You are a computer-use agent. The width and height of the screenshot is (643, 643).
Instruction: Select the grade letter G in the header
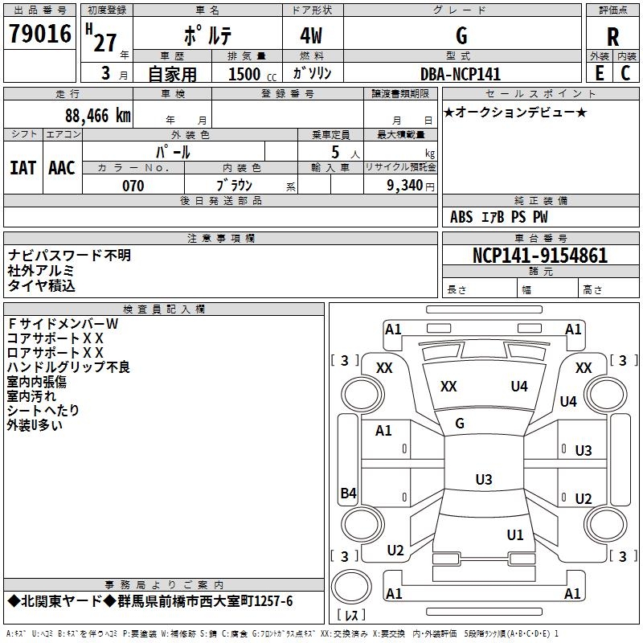click(461, 35)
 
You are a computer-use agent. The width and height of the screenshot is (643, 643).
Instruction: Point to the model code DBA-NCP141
click(461, 74)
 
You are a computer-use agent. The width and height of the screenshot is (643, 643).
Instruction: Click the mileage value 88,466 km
click(96, 115)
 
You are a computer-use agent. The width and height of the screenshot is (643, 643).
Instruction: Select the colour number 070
click(133, 186)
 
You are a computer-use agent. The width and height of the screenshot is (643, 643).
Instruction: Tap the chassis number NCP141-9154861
click(540, 256)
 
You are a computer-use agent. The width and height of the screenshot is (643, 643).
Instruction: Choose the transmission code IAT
click(23, 167)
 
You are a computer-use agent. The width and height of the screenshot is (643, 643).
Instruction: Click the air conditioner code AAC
click(62, 167)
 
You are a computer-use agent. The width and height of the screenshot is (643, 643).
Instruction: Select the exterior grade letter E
click(599, 72)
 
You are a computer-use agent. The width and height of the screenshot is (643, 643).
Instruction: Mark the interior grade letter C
click(625, 72)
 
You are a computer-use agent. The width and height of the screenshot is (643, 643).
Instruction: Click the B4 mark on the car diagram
click(348, 494)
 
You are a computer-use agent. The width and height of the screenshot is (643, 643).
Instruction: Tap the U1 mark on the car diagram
click(515, 534)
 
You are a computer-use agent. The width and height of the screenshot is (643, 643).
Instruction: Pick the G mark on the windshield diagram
click(460, 423)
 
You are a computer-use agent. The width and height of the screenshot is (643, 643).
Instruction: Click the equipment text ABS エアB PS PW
click(499, 217)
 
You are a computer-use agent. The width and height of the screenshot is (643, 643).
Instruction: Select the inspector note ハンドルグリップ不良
click(68, 367)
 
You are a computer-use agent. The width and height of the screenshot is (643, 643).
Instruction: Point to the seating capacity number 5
click(334, 152)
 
